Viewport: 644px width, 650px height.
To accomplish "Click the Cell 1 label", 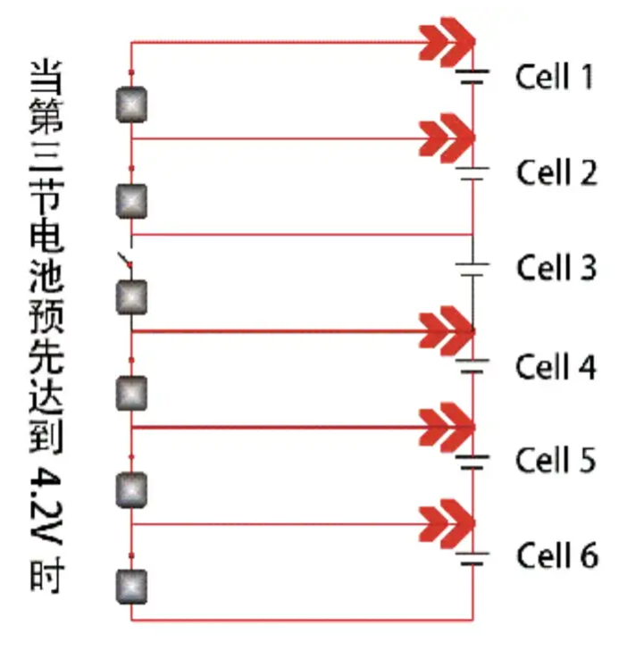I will (555, 77).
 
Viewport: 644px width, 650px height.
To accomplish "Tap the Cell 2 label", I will (556, 171).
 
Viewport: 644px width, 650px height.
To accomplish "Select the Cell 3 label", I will (556, 267).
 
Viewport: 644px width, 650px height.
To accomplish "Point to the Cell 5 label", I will (556, 461).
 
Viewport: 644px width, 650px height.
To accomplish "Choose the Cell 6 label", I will (556, 556).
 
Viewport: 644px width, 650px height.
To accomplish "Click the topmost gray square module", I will (132, 105).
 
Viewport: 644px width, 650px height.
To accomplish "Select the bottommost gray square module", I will (132, 586).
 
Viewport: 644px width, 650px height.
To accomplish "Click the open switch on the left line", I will (128, 261).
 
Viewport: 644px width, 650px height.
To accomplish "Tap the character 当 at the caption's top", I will (46, 79).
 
